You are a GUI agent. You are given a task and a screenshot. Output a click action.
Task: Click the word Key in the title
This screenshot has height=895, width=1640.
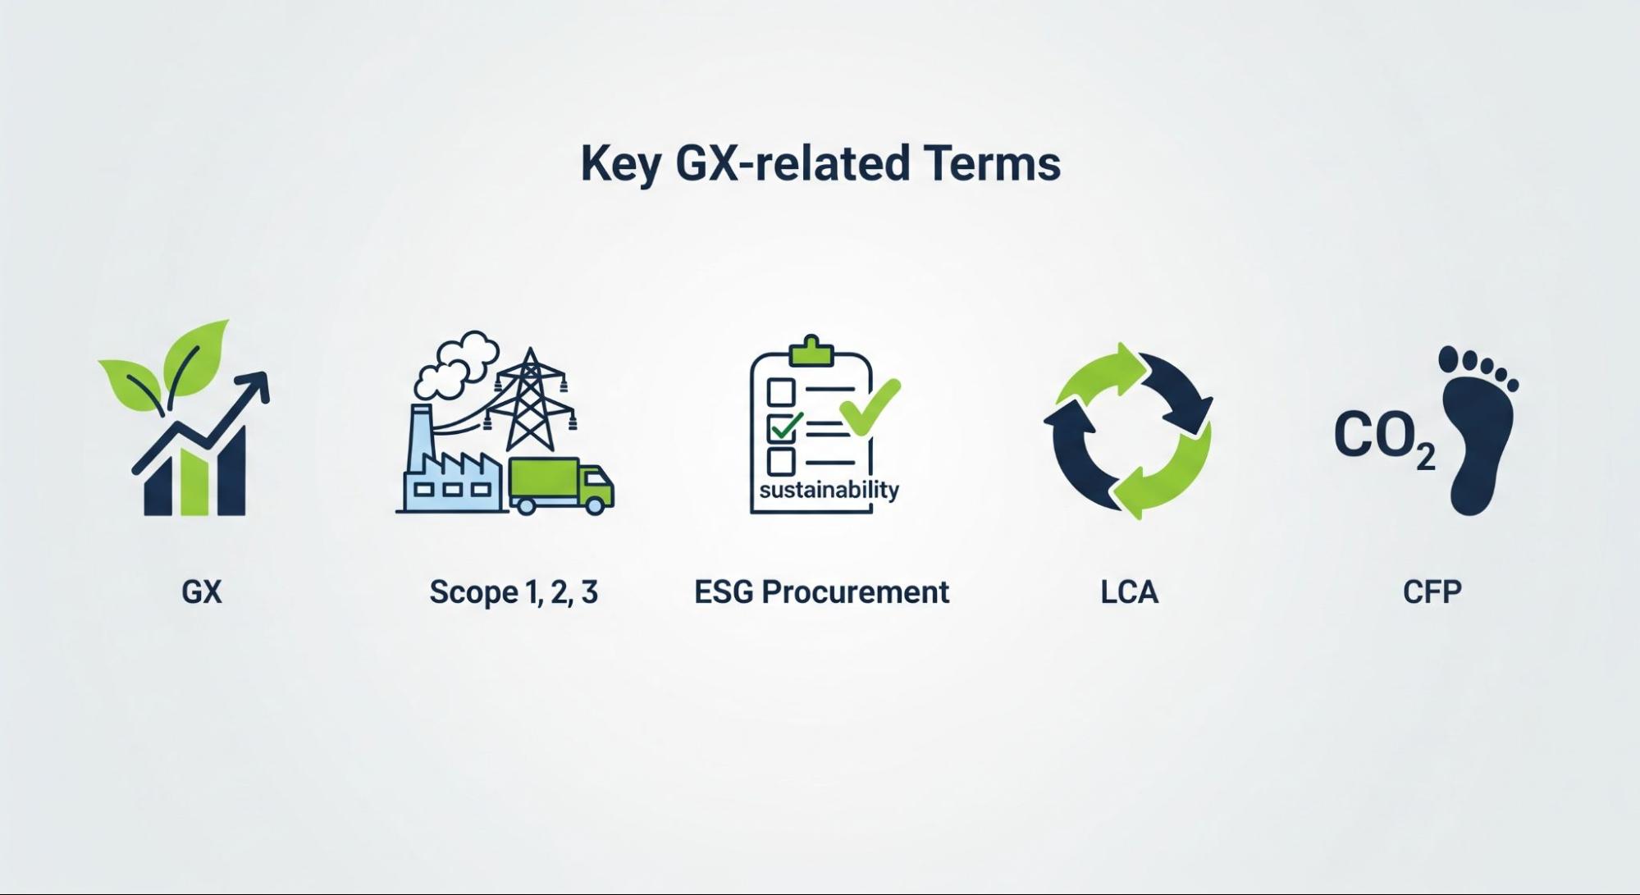pos(620,165)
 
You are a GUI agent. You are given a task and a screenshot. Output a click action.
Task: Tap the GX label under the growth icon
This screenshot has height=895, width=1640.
pos(202,591)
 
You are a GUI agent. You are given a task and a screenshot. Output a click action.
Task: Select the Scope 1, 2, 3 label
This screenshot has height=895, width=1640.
pos(514,591)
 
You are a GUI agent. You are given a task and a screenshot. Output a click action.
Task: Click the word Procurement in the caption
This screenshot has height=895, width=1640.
pos(855,591)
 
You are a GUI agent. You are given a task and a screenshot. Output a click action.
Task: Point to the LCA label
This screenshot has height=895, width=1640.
pos(1129,591)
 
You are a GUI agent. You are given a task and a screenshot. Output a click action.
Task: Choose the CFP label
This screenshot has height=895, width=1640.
pos(1432,591)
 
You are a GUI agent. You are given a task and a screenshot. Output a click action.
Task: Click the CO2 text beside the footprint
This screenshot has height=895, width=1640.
pos(1385,438)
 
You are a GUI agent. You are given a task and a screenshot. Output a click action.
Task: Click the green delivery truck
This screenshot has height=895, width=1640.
pos(561,486)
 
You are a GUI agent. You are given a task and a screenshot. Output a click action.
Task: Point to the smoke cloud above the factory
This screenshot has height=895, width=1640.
pos(456,363)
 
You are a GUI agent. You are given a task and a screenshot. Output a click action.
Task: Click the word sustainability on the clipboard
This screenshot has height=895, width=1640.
pos(829,491)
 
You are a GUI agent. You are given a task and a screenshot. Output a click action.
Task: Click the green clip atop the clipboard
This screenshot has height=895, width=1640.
pos(811,351)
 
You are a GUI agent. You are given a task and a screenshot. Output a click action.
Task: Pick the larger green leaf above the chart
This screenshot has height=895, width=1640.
pos(195,356)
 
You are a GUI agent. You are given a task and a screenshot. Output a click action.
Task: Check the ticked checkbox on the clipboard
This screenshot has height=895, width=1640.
pos(781,427)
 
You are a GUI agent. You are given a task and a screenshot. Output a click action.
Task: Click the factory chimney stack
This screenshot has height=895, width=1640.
pos(422,440)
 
